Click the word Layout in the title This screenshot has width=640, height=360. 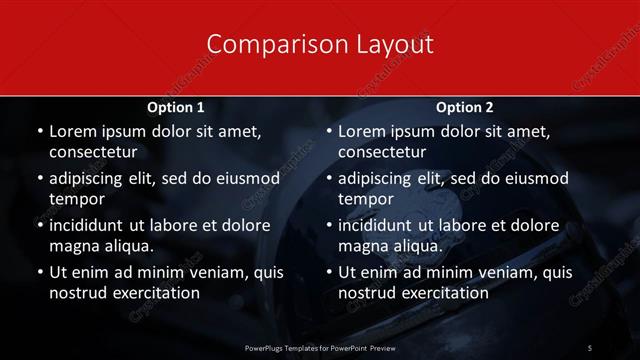[x=393, y=45]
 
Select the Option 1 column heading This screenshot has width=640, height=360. [x=175, y=106]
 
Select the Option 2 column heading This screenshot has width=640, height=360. [x=464, y=106]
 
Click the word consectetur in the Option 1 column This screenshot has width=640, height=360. [x=93, y=152]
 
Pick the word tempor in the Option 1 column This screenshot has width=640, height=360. [x=77, y=199]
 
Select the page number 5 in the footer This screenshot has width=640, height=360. [x=590, y=347]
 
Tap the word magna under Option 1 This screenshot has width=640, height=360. [x=71, y=246]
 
